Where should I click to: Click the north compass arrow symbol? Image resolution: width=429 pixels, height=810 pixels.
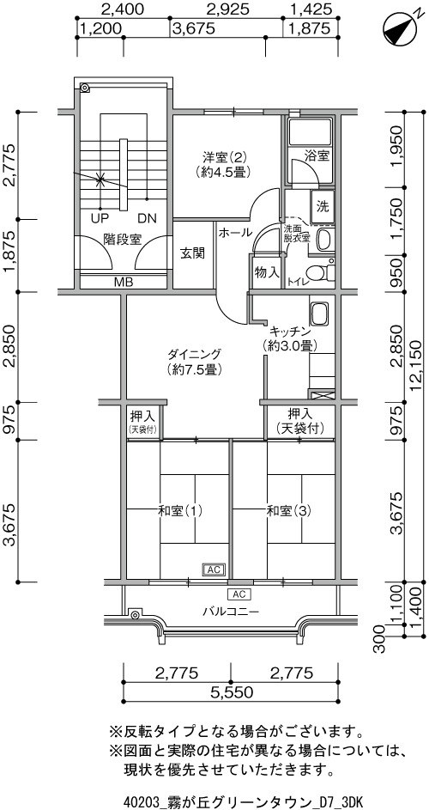point(401,30)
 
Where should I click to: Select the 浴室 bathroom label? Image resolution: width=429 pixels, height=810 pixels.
point(317,156)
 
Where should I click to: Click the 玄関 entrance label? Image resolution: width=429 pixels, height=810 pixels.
point(192,253)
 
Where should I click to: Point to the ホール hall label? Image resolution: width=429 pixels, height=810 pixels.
point(235,233)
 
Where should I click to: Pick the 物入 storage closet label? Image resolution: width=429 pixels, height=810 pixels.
point(267,272)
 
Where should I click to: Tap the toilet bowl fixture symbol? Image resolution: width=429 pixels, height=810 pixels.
point(316,272)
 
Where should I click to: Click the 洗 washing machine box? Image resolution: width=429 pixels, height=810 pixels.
point(323,207)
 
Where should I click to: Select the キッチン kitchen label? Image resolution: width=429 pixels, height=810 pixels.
point(289,331)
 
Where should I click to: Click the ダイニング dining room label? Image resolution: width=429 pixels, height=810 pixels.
point(194,355)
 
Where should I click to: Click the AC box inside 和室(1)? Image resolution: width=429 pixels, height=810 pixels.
point(214,569)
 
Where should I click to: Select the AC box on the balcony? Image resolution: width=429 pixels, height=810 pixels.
point(239,593)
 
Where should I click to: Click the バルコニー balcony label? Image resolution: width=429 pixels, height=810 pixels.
point(230,612)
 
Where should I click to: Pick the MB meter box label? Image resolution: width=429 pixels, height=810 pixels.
point(124,282)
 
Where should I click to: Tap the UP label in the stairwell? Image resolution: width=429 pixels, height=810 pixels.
point(100,217)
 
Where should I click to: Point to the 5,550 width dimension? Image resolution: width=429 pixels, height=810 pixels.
point(231,692)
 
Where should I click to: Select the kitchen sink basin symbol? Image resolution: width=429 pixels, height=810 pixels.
point(319,314)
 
